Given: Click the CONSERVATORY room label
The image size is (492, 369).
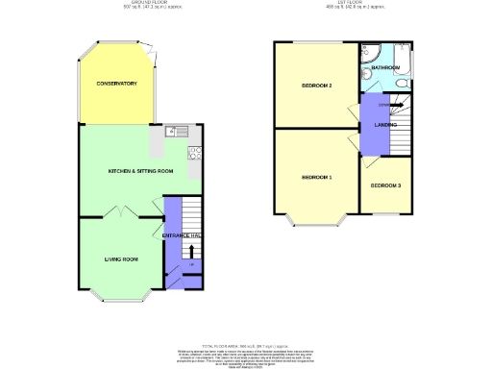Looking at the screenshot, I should [x=117, y=84].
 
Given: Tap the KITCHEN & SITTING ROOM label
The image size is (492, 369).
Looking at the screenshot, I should [x=140, y=170].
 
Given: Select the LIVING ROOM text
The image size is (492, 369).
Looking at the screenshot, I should [x=122, y=258].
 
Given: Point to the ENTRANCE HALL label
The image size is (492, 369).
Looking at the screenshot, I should [x=181, y=235].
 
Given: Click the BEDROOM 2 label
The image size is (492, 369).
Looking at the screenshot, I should [x=317, y=86].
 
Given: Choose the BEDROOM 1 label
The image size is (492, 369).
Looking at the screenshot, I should [x=317, y=178].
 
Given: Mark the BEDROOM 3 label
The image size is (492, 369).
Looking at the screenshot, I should [x=385, y=184].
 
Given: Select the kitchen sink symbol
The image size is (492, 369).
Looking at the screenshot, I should [x=177, y=132].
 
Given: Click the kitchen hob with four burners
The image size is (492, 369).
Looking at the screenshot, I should [x=194, y=152].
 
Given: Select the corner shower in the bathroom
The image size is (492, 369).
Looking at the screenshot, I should [x=370, y=50].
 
